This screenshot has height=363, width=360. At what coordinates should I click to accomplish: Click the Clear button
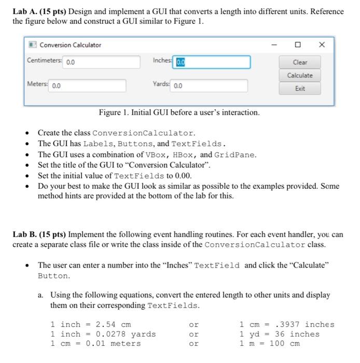click(300, 62)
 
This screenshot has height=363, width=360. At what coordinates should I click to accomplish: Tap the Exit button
click(300, 89)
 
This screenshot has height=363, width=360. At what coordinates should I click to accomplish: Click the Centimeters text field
click(102, 62)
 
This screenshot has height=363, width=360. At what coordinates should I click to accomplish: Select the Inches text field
click(213, 62)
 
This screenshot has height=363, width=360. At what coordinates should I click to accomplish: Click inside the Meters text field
click(88, 86)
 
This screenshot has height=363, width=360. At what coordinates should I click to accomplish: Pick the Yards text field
click(209, 86)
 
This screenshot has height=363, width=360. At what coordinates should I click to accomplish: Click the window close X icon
click(322, 45)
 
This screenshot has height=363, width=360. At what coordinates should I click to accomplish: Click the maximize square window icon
click(298, 45)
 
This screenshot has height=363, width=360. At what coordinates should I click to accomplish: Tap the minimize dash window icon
click(274, 45)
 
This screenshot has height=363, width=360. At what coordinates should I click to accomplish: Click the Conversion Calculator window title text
click(70, 45)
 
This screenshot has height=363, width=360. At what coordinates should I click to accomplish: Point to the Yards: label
click(161, 85)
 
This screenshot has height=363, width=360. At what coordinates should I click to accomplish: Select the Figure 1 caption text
click(179, 113)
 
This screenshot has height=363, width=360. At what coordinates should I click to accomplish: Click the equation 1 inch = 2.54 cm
click(90, 325)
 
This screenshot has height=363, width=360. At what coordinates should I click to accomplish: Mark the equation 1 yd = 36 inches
click(279, 334)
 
